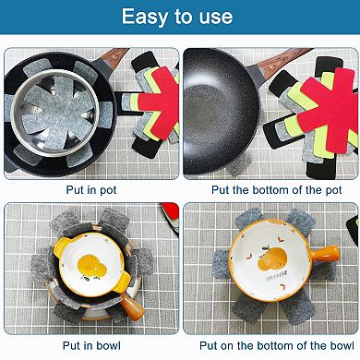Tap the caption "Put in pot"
pyautogui.click(x=90, y=189)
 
